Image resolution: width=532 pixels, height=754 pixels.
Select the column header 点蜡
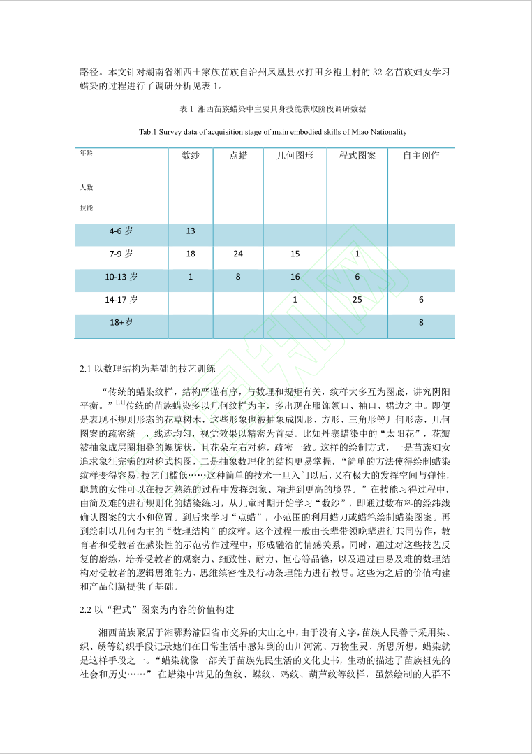pos(238,155)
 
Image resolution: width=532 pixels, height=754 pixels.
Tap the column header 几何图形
pos(295,155)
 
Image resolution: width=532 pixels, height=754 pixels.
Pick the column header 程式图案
pos(357,155)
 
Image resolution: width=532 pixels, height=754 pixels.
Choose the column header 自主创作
pos(421,155)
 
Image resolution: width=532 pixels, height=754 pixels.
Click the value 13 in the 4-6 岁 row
pos(191,231)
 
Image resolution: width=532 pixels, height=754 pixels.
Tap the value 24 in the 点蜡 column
pos(238,254)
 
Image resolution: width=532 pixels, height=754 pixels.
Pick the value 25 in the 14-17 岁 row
pos(357,300)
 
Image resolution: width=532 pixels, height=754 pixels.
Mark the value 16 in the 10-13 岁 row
pos(295,277)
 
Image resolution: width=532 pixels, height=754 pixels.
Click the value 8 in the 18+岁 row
pos(421,323)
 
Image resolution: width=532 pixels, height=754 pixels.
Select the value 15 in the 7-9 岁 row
pos(295,254)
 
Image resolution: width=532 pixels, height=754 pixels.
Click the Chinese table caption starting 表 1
pos(273,109)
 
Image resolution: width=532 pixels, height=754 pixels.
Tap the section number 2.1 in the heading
pos(87,368)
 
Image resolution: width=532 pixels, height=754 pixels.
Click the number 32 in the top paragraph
pos(380,72)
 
